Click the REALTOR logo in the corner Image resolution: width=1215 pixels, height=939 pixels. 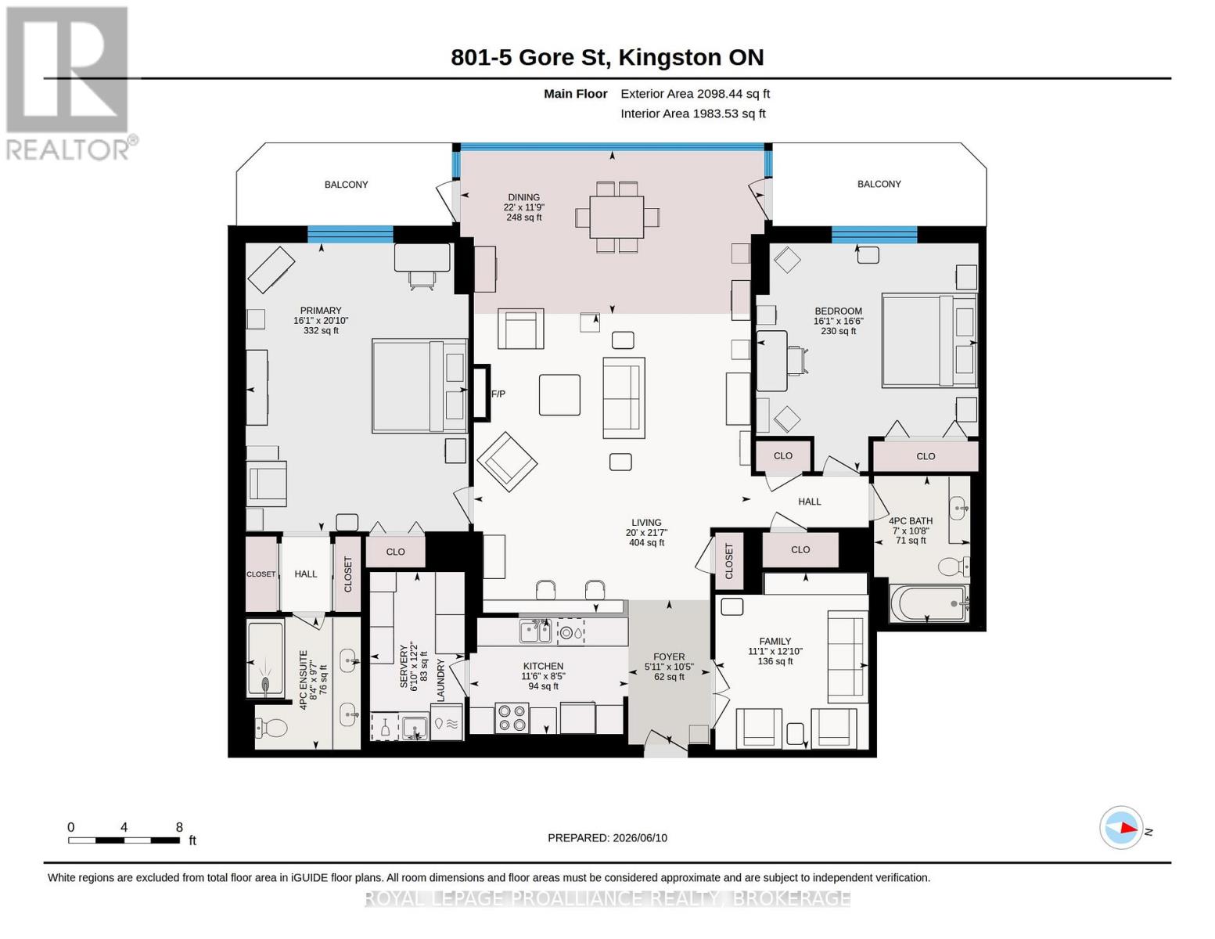tap(69, 83)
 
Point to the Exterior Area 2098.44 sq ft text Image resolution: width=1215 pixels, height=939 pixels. tap(695, 94)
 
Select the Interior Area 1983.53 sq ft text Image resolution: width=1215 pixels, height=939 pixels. tap(692, 113)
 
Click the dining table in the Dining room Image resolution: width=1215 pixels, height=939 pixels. tap(616, 217)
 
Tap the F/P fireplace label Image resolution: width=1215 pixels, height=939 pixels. tap(498, 394)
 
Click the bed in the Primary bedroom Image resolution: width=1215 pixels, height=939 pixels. tap(419, 386)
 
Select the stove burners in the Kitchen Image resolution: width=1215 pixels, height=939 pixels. tap(512, 718)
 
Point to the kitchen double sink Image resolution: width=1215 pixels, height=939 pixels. tap(535, 631)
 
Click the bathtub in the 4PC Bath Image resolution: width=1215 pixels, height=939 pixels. tap(928, 604)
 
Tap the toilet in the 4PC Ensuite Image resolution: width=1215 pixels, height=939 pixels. tap(271, 729)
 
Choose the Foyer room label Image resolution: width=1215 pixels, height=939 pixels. tap(669, 657)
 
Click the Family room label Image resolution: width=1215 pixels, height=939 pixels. tap(775, 642)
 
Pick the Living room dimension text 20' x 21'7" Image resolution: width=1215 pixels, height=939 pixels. tap(646, 533)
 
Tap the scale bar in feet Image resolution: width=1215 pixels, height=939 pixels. tap(124, 840)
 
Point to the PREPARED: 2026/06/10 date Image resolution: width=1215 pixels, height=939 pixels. tap(607, 838)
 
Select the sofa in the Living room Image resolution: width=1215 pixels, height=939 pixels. tap(624, 398)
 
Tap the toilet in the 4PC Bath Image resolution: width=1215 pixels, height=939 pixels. tap(954, 567)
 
